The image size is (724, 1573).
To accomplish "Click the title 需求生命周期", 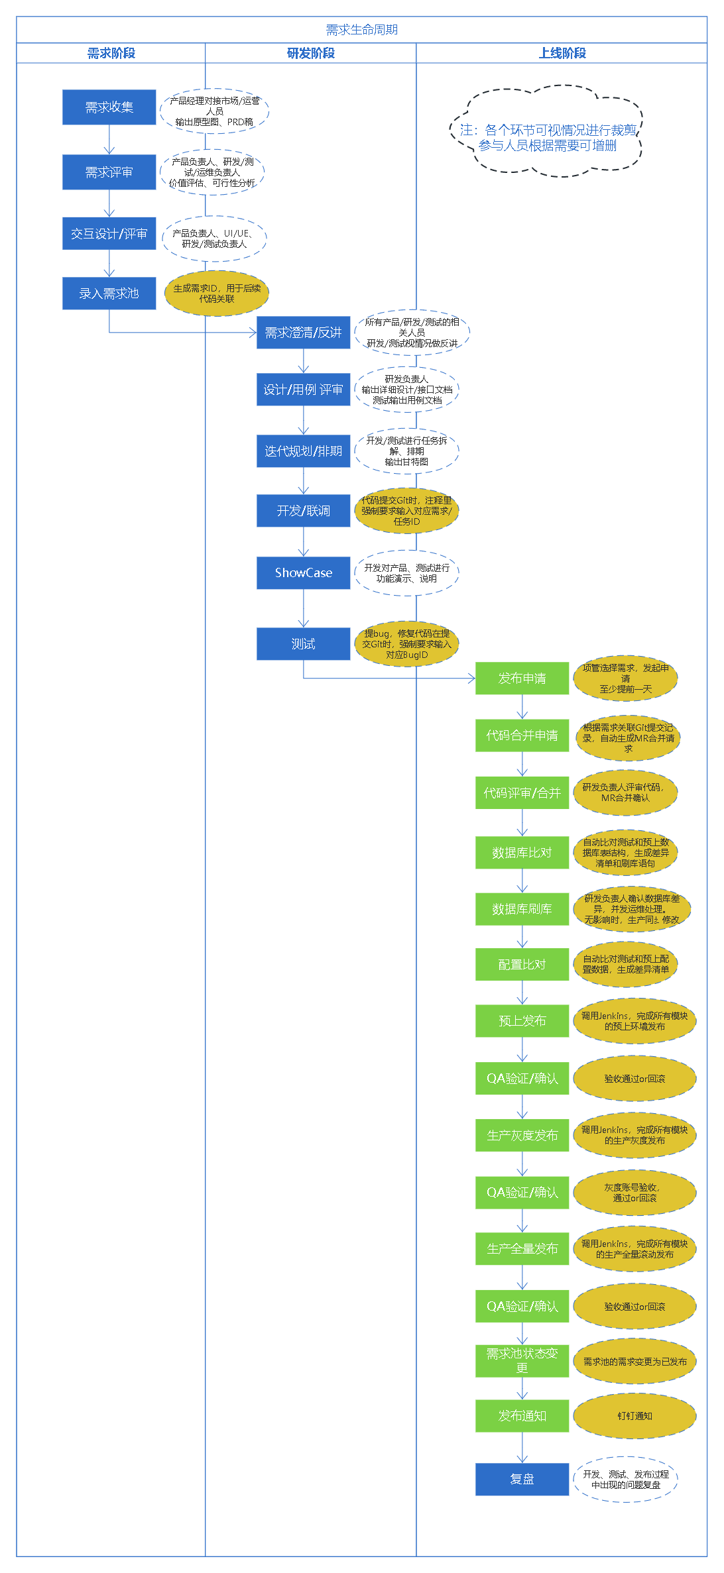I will coord(361,30).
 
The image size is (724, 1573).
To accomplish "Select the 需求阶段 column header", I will coord(111,53).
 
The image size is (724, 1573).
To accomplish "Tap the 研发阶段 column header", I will coord(310,53).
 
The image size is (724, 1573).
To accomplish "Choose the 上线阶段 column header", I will coord(562,53).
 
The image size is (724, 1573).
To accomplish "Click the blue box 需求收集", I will coord(109,107).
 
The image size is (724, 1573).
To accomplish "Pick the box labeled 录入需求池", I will coord(109,294).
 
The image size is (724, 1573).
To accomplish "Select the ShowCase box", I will coord(304,573).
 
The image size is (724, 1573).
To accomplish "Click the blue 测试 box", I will coord(304,644).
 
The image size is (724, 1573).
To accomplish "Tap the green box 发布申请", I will coord(522,678).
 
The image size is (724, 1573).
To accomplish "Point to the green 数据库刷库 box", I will coord(522,909).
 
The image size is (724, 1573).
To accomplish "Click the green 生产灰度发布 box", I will coord(522,1136).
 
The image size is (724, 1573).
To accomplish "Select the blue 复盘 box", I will coord(522,1479).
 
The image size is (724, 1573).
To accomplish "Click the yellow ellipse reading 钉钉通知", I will coord(634,1416).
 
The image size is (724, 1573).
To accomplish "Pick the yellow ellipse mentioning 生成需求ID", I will coord(217,294).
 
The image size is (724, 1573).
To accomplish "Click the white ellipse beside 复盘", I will coord(626,1479).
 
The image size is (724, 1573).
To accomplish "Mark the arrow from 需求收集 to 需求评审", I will coord(109,140).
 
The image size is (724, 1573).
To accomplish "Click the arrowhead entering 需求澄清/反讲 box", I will coord(253,333).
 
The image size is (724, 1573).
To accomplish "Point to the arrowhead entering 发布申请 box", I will coord(471,678).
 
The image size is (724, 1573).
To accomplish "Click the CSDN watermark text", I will coord(683,1562).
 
